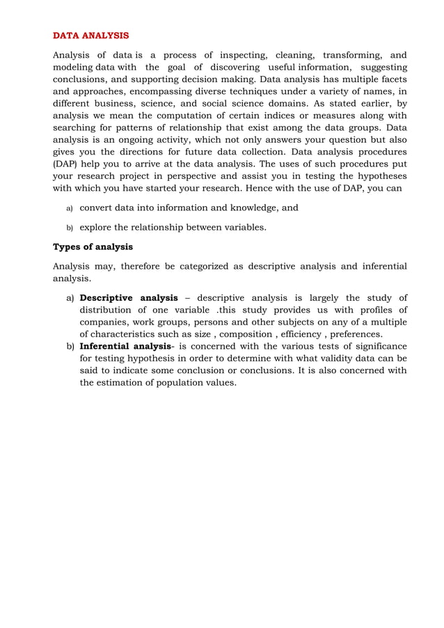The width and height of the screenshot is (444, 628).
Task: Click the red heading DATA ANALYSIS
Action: (x=91, y=36)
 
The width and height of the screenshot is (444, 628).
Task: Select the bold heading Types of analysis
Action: (x=93, y=246)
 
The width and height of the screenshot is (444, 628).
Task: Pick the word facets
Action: (x=392, y=79)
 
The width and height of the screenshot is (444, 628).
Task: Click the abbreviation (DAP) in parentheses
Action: (x=65, y=164)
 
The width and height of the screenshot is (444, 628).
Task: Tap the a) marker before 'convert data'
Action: (x=69, y=208)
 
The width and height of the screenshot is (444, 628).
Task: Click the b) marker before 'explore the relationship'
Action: (x=69, y=228)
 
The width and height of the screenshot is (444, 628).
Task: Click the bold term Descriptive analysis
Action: (x=129, y=298)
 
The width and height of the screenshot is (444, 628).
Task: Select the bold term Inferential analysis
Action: (x=125, y=346)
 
